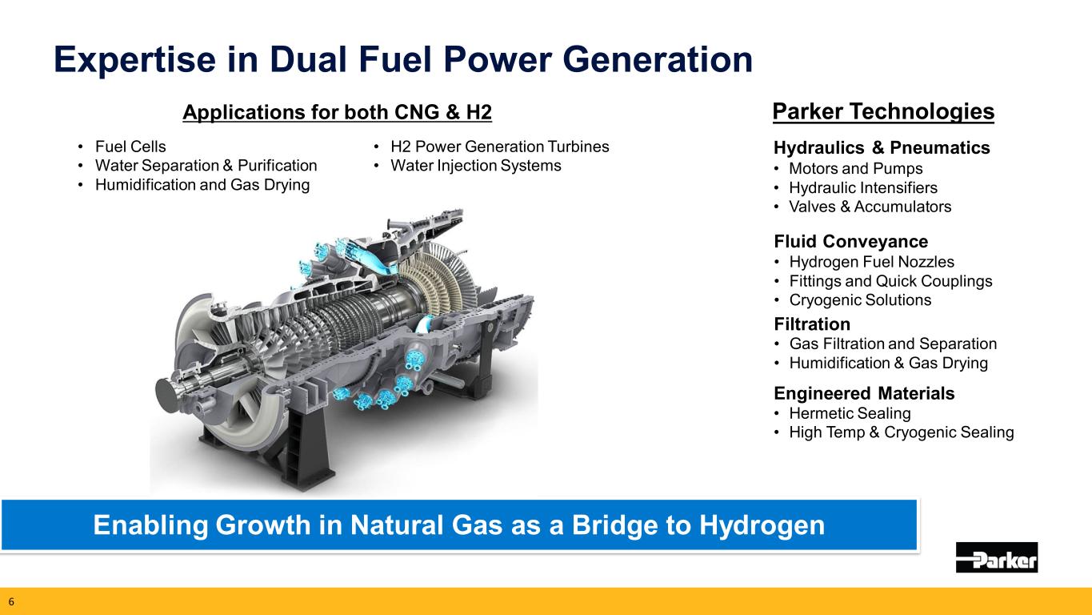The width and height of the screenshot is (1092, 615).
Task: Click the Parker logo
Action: [x=997, y=557]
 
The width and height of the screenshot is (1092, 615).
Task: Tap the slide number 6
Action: [x=11, y=601]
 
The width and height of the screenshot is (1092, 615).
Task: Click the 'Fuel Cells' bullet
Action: [x=130, y=147]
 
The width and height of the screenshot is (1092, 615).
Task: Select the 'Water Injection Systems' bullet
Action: [x=476, y=166]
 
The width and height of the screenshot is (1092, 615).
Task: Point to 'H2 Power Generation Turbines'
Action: [x=500, y=147]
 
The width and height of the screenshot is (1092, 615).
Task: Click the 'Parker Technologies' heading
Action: [x=883, y=111]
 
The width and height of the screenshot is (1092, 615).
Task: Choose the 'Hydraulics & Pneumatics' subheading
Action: [x=882, y=147]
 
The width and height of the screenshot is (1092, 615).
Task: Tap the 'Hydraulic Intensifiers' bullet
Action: [x=863, y=187]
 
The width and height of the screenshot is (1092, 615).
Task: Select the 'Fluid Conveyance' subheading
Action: [x=850, y=241]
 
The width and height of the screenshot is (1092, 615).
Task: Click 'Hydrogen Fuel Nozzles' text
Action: [x=872, y=262]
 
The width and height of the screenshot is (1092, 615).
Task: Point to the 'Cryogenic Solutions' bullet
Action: [x=860, y=299]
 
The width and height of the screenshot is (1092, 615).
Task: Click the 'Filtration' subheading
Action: [x=812, y=324]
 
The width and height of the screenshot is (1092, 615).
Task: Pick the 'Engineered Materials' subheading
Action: [x=864, y=393]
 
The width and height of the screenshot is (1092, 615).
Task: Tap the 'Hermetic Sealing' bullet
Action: [x=850, y=413]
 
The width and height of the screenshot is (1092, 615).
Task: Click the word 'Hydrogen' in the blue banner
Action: [x=762, y=525]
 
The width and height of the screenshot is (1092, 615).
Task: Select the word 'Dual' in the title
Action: [x=308, y=59]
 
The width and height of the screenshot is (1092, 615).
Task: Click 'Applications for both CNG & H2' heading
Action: [x=337, y=112]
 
